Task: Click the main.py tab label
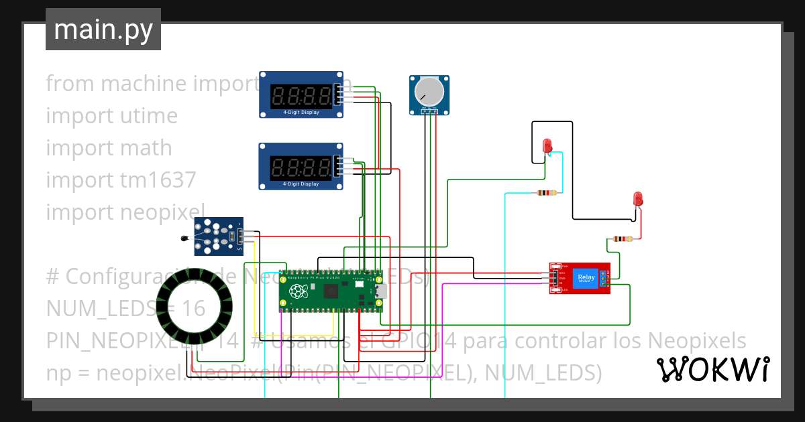tap(103, 30)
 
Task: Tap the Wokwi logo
tap(712, 369)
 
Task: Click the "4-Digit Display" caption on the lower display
tap(301, 184)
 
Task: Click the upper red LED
tap(547, 145)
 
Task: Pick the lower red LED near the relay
tap(638, 199)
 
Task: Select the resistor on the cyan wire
tap(547, 194)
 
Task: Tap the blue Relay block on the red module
tap(586, 277)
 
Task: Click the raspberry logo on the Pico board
tap(297, 291)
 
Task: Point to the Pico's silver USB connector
tap(382, 291)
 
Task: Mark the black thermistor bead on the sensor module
tap(184, 237)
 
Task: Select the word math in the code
tap(142, 148)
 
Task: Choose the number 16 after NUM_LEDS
tap(193, 309)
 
